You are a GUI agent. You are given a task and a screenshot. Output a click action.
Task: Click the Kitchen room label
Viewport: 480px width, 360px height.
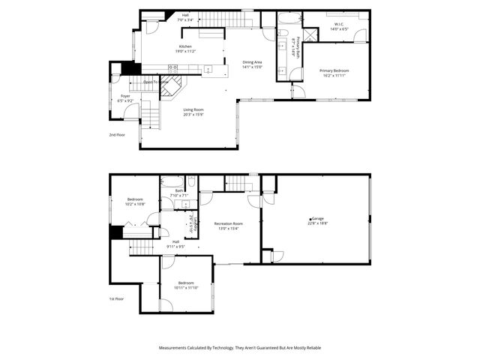184,46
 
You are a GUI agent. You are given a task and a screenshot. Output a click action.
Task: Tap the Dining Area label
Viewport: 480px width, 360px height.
252,62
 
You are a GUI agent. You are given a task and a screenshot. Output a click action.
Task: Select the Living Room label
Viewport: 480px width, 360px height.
193,109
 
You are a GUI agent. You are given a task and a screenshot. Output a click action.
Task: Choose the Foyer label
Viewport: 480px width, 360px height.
125,96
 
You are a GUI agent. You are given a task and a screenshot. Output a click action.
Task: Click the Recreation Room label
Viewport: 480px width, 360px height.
228,223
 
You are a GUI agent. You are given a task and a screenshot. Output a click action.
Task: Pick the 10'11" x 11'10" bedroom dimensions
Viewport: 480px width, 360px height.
185,287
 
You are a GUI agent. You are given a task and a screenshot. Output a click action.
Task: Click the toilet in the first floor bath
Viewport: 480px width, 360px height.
191,181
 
